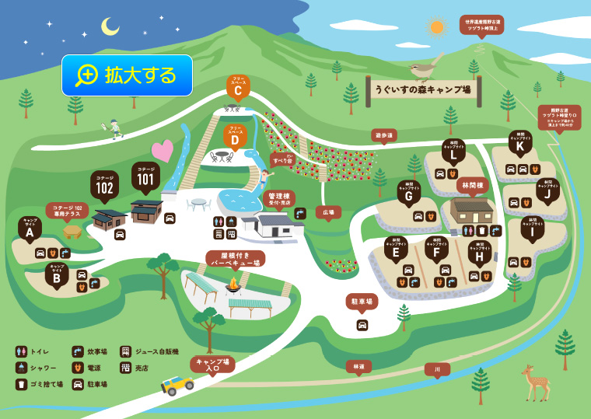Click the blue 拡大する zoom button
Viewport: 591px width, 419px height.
tap(128, 75)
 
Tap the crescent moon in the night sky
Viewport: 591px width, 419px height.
tap(110, 27)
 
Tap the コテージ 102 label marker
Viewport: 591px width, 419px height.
tap(104, 186)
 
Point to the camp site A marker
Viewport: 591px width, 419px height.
tap(30, 229)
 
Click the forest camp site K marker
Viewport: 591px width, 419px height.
tap(520, 143)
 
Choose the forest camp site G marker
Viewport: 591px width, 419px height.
tap(409, 194)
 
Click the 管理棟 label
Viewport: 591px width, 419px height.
tap(278, 199)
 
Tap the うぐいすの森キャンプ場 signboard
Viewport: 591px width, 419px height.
tap(423, 89)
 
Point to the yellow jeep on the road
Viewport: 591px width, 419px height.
tap(177, 384)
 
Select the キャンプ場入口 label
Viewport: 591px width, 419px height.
tap(212, 363)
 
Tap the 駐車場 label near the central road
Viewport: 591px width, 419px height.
tap(362, 301)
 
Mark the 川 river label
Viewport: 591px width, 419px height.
tap(437, 369)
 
